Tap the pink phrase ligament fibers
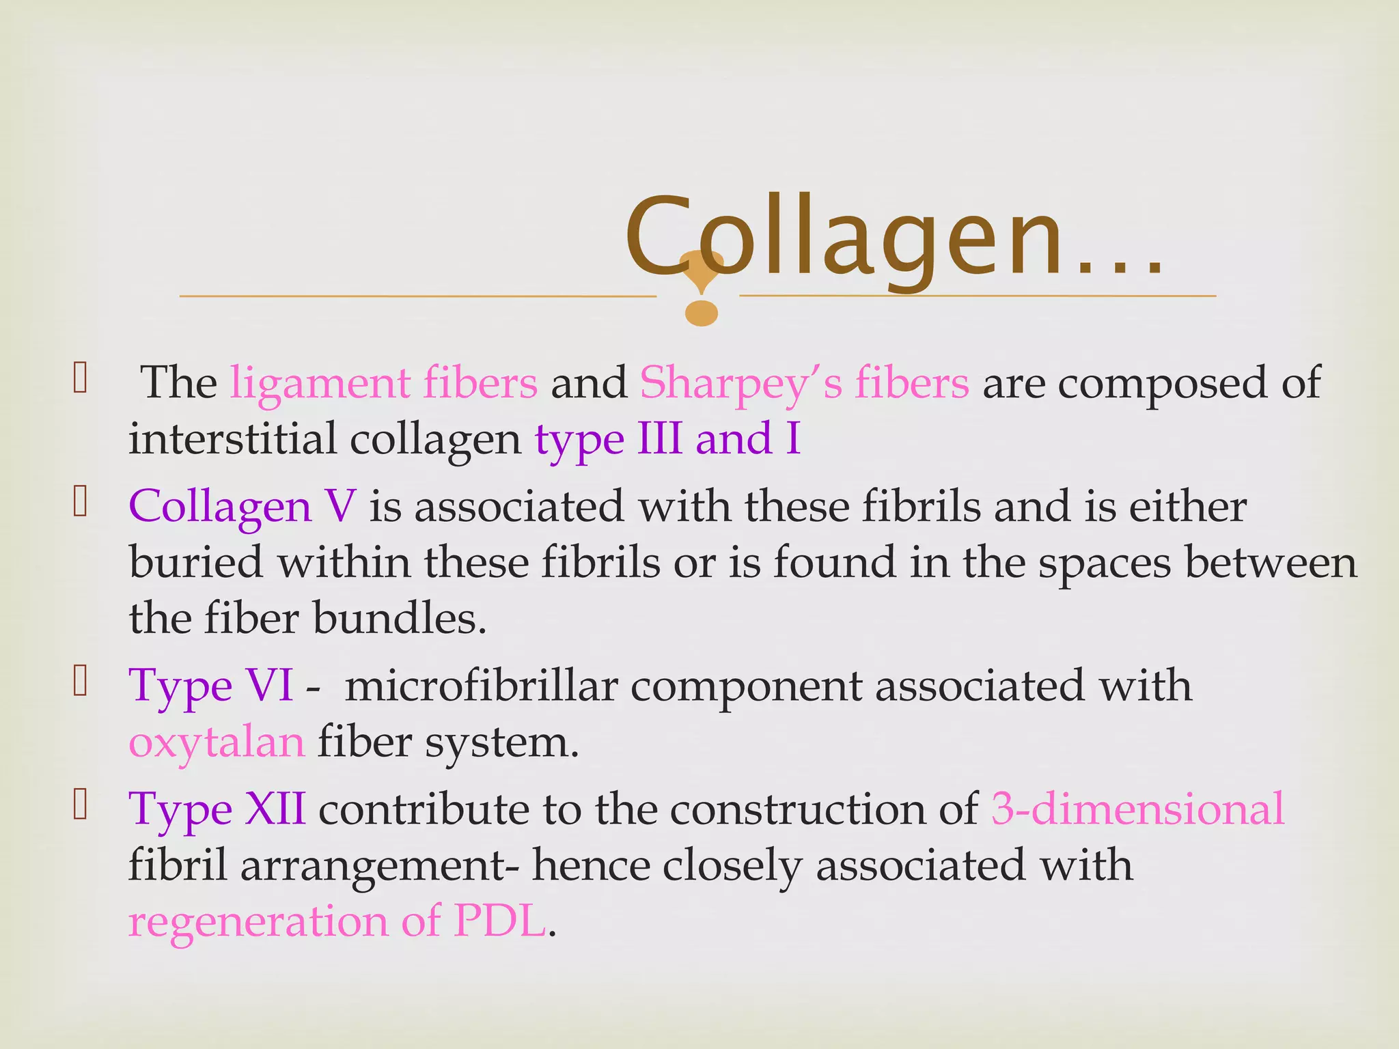(x=384, y=382)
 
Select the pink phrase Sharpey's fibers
(x=804, y=382)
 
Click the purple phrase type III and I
(x=667, y=438)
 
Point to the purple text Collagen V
(x=242, y=507)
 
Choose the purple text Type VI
(x=211, y=686)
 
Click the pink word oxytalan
(x=217, y=742)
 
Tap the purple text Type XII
(x=217, y=810)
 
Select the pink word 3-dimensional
(x=1137, y=810)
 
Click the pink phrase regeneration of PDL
(x=337, y=921)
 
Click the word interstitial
(x=232, y=438)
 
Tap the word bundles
(x=399, y=619)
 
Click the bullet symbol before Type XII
(x=80, y=805)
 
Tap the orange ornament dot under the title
(x=702, y=313)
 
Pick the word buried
(x=196, y=563)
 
